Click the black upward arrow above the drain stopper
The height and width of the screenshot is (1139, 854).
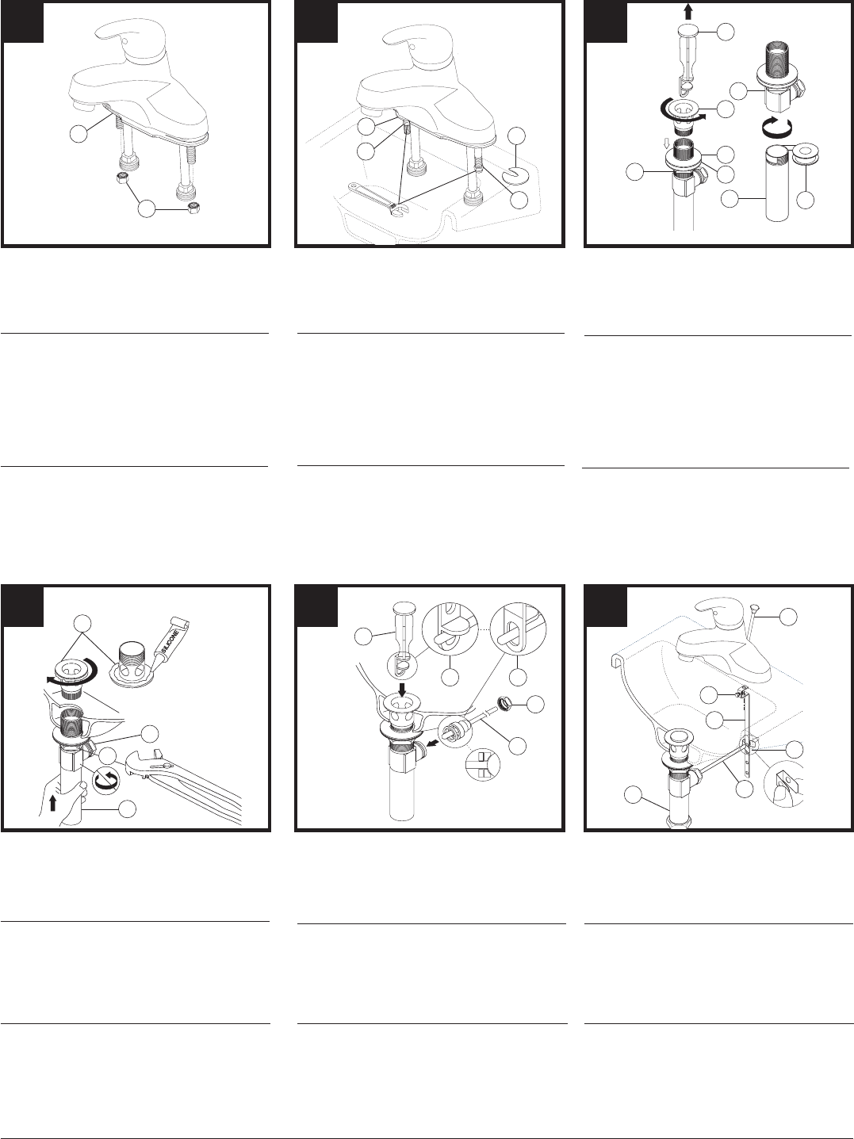(689, 11)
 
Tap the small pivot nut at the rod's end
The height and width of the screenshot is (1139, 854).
(503, 703)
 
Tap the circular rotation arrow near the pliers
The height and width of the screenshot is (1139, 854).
(104, 780)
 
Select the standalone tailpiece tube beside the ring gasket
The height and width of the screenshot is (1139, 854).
(779, 184)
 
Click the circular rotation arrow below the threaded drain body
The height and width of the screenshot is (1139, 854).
(776, 127)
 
